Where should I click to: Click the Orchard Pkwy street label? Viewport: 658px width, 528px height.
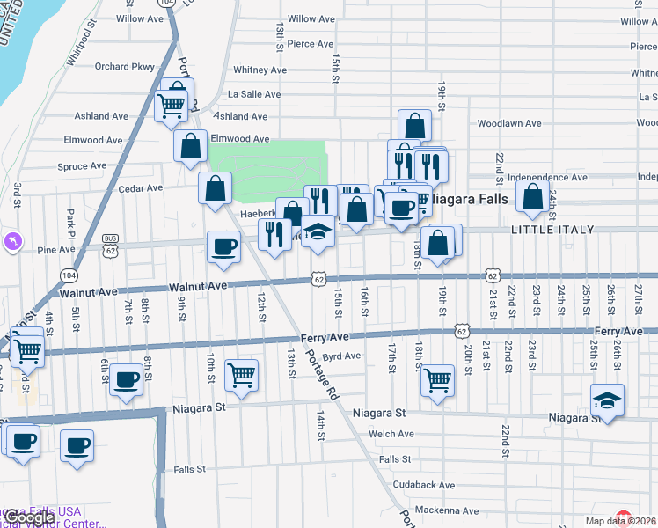coord(124,66)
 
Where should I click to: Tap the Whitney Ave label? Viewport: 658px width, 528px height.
coord(260,70)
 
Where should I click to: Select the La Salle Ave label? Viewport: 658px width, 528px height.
coord(253,93)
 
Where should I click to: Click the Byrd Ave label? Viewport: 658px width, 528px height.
coord(342,356)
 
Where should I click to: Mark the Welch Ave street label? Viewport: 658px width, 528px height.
coord(392,434)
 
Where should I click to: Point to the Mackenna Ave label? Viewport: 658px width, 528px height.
coord(447,510)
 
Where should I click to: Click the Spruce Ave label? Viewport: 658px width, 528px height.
coord(82,166)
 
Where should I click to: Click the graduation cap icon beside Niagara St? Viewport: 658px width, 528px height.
coord(608,400)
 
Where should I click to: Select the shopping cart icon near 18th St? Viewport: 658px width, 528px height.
coord(437,381)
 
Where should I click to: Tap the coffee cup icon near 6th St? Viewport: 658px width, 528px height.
coord(128,379)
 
